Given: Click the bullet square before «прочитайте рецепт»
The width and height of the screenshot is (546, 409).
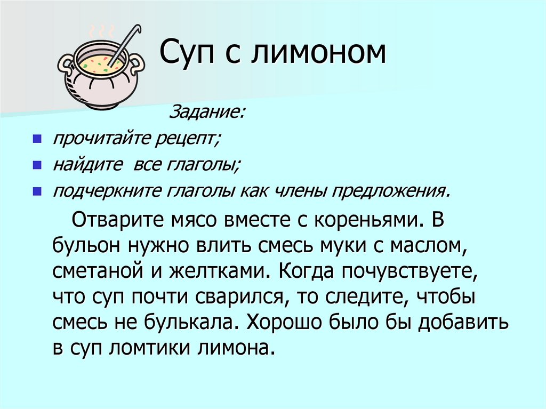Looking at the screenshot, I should click(37, 140).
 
